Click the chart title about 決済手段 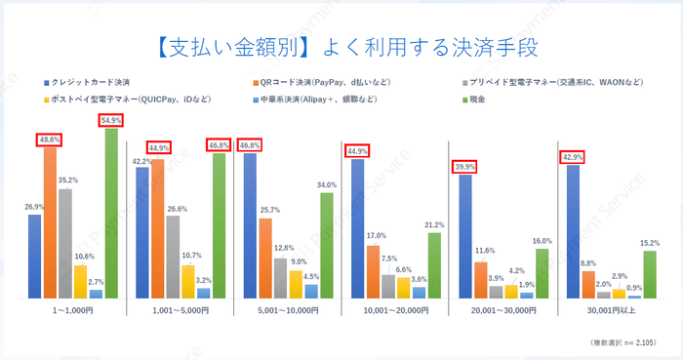[341, 47]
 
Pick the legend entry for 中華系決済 [326, 99]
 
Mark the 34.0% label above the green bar [327, 184]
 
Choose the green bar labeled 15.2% [649, 274]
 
